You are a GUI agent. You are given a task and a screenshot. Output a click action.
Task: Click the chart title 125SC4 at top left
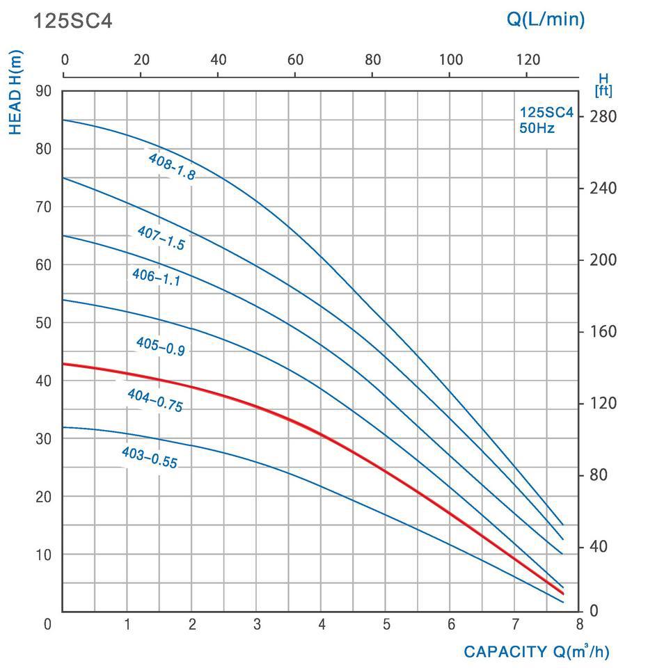(72, 21)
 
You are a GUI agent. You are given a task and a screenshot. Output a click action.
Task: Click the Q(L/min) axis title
(545, 19)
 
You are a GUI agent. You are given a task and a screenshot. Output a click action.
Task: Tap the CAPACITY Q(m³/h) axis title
(536, 652)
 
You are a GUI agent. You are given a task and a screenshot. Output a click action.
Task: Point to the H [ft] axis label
(603, 86)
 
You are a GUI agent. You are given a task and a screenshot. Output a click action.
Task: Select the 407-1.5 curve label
(161, 237)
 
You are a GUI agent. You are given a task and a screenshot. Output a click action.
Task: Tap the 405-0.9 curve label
(160, 346)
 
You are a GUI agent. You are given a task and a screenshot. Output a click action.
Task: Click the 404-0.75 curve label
(155, 400)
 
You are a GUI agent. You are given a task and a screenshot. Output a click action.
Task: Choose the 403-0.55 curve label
(149, 457)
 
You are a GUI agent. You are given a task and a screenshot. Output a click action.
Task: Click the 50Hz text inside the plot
(537, 128)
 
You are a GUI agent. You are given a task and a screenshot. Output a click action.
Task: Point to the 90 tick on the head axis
(43, 90)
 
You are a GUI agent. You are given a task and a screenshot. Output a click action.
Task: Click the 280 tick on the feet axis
(603, 116)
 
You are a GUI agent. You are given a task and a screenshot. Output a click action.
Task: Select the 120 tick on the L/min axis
(527, 60)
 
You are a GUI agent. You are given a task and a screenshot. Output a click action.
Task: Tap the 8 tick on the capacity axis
(579, 624)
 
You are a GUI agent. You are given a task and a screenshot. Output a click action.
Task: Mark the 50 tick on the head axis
(43, 323)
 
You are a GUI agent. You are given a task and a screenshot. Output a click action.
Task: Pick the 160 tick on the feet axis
(603, 331)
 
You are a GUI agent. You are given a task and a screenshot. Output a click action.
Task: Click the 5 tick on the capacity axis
(386, 624)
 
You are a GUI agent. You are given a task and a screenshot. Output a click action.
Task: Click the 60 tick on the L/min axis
(296, 60)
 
